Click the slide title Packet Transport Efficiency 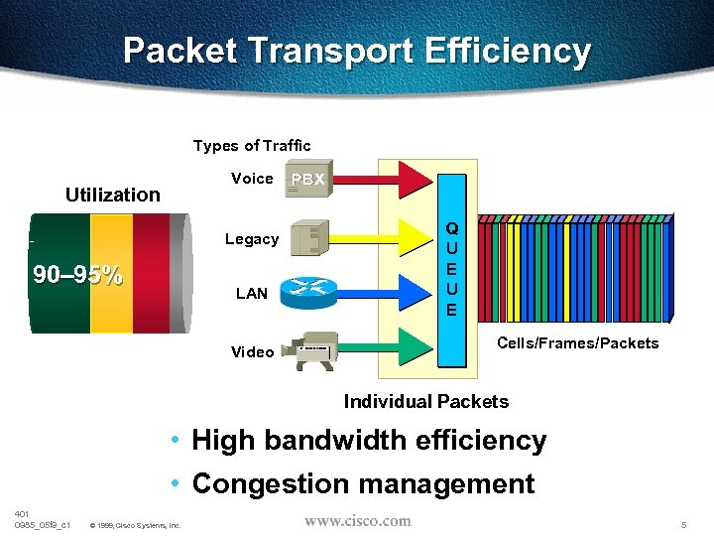coord(357,51)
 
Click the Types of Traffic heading coord(252,146)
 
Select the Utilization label coord(112,195)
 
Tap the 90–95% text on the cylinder coord(76,275)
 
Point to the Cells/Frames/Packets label coord(577,343)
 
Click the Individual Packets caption coord(425,402)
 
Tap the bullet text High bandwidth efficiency coord(369,440)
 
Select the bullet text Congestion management coord(363,483)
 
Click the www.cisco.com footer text coord(357,520)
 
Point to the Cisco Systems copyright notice coord(135,525)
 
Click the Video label coord(252,352)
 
